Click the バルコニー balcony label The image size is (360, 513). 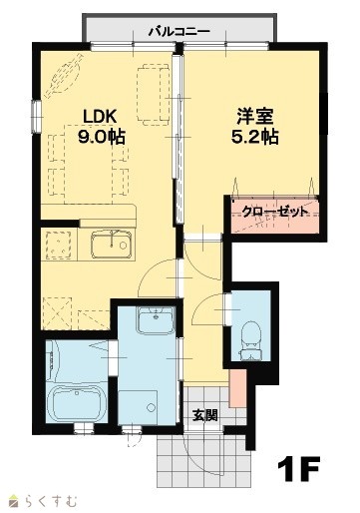pyautogui.click(x=180, y=32)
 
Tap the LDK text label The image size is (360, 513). pyautogui.click(x=100, y=117)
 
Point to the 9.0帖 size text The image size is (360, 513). pyautogui.click(x=102, y=136)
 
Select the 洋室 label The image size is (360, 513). pyautogui.click(x=254, y=117)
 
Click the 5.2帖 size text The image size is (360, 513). pyautogui.click(x=254, y=137)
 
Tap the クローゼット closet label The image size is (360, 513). pyautogui.click(x=274, y=212)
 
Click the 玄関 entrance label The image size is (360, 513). pyautogui.click(x=205, y=415)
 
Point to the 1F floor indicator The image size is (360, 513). pyautogui.click(x=298, y=468)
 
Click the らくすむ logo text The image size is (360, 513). pyautogui.click(x=51, y=501)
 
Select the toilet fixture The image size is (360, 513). pyautogui.click(x=251, y=340)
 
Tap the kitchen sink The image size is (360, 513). pyautogui.click(x=112, y=245)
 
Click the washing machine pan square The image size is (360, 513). pyautogui.click(x=138, y=407)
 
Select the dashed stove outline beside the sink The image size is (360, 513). pyautogui.click(x=59, y=245)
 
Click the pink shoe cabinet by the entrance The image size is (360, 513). pyautogui.click(x=237, y=388)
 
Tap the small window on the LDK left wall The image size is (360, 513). pyautogui.click(x=36, y=117)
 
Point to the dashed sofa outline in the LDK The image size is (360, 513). pyautogui.click(x=154, y=95)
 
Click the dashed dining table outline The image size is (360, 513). pyautogui.click(x=88, y=164)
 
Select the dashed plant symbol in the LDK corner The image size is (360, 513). pyautogui.click(x=64, y=75)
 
